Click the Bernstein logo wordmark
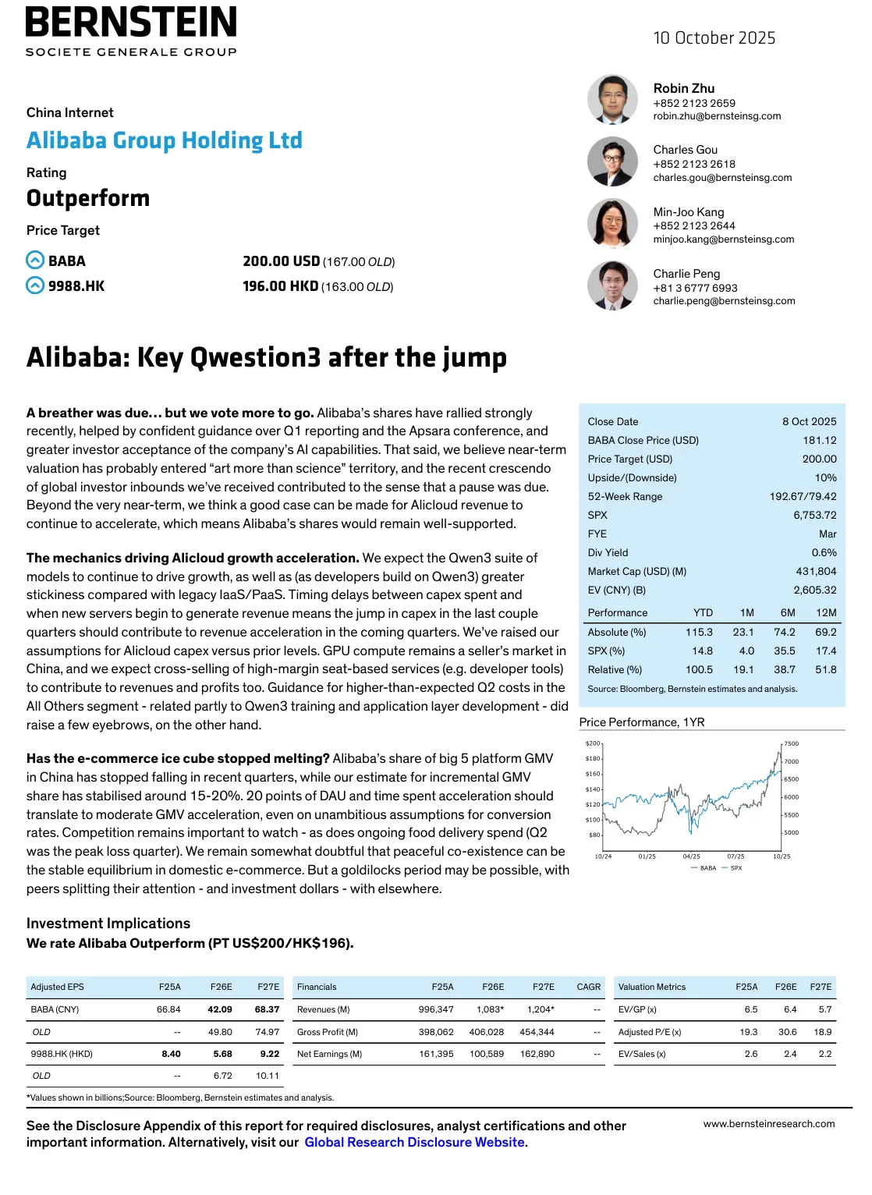131,23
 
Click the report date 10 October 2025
714,38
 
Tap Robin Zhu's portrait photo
612,100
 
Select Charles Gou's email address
722,178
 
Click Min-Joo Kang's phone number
694,226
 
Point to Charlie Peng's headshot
612,285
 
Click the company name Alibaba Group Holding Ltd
165,140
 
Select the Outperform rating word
88,198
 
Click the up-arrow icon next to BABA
35,261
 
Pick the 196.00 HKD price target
280,286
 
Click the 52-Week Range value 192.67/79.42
803,497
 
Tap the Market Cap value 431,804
816,572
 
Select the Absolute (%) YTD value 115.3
699,633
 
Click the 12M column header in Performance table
826,613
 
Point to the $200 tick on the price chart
593,744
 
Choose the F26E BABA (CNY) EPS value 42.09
220,1009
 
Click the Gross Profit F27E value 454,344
537,1032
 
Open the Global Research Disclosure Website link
414,1143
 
